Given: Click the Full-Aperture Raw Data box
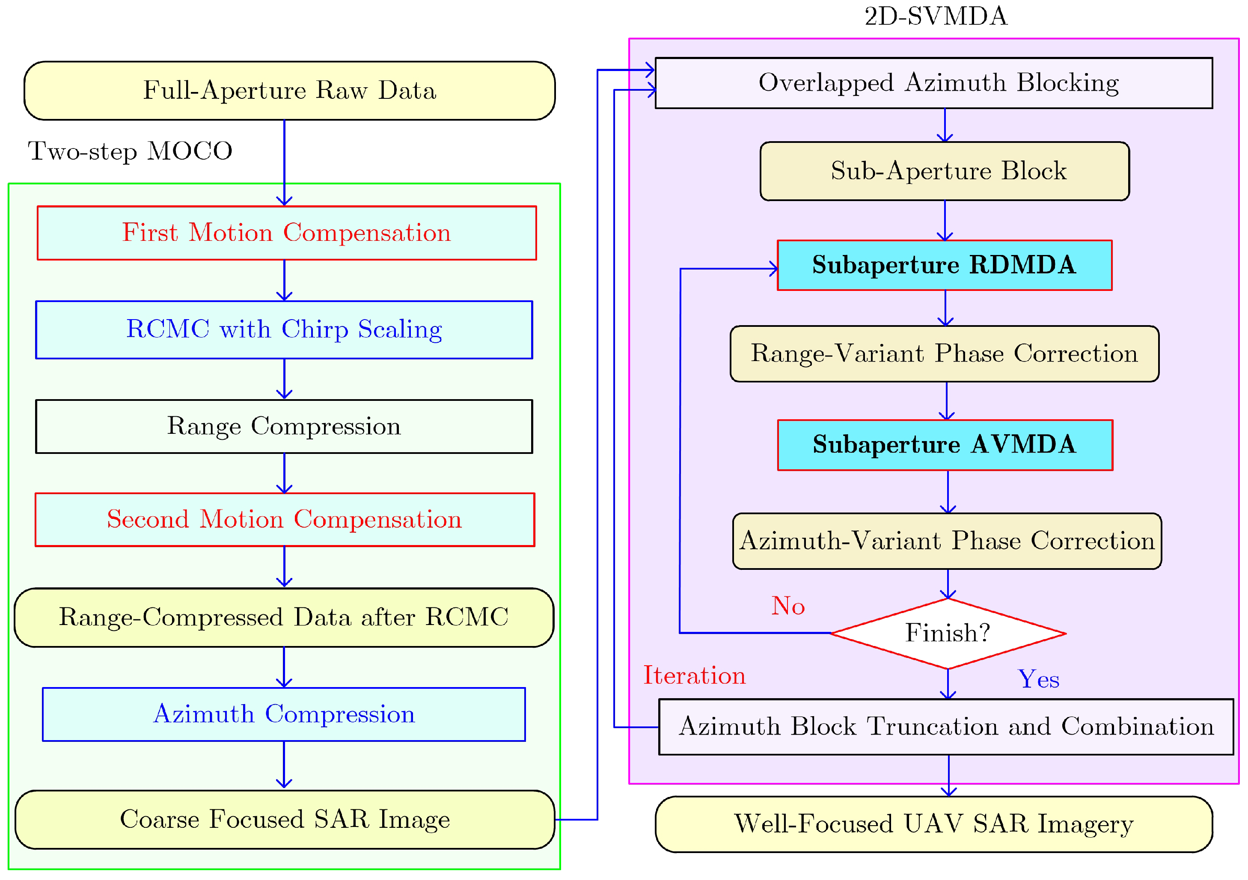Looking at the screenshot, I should pyautogui.click(x=289, y=90).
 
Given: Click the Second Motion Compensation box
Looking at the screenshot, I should pyautogui.click(x=284, y=519).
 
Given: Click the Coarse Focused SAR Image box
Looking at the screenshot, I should pyautogui.click(x=284, y=819).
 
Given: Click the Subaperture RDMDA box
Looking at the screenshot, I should pyautogui.click(x=944, y=265).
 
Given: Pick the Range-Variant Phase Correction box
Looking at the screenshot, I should pyautogui.click(x=944, y=354).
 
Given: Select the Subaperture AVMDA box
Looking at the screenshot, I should pyautogui.click(x=945, y=444).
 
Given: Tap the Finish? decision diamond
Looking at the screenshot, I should pyautogui.click(x=948, y=634).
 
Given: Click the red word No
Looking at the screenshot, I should pyautogui.click(x=787, y=606).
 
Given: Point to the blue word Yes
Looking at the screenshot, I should pyautogui.click(x=1038, y=679).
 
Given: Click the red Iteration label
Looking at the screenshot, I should pyautogui.click(x=694, y=675).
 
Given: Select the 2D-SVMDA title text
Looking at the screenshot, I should pyautogui.click(x=936, y=16).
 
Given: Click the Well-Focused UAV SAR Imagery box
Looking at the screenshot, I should pyautogui.click(x=933, y=824).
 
